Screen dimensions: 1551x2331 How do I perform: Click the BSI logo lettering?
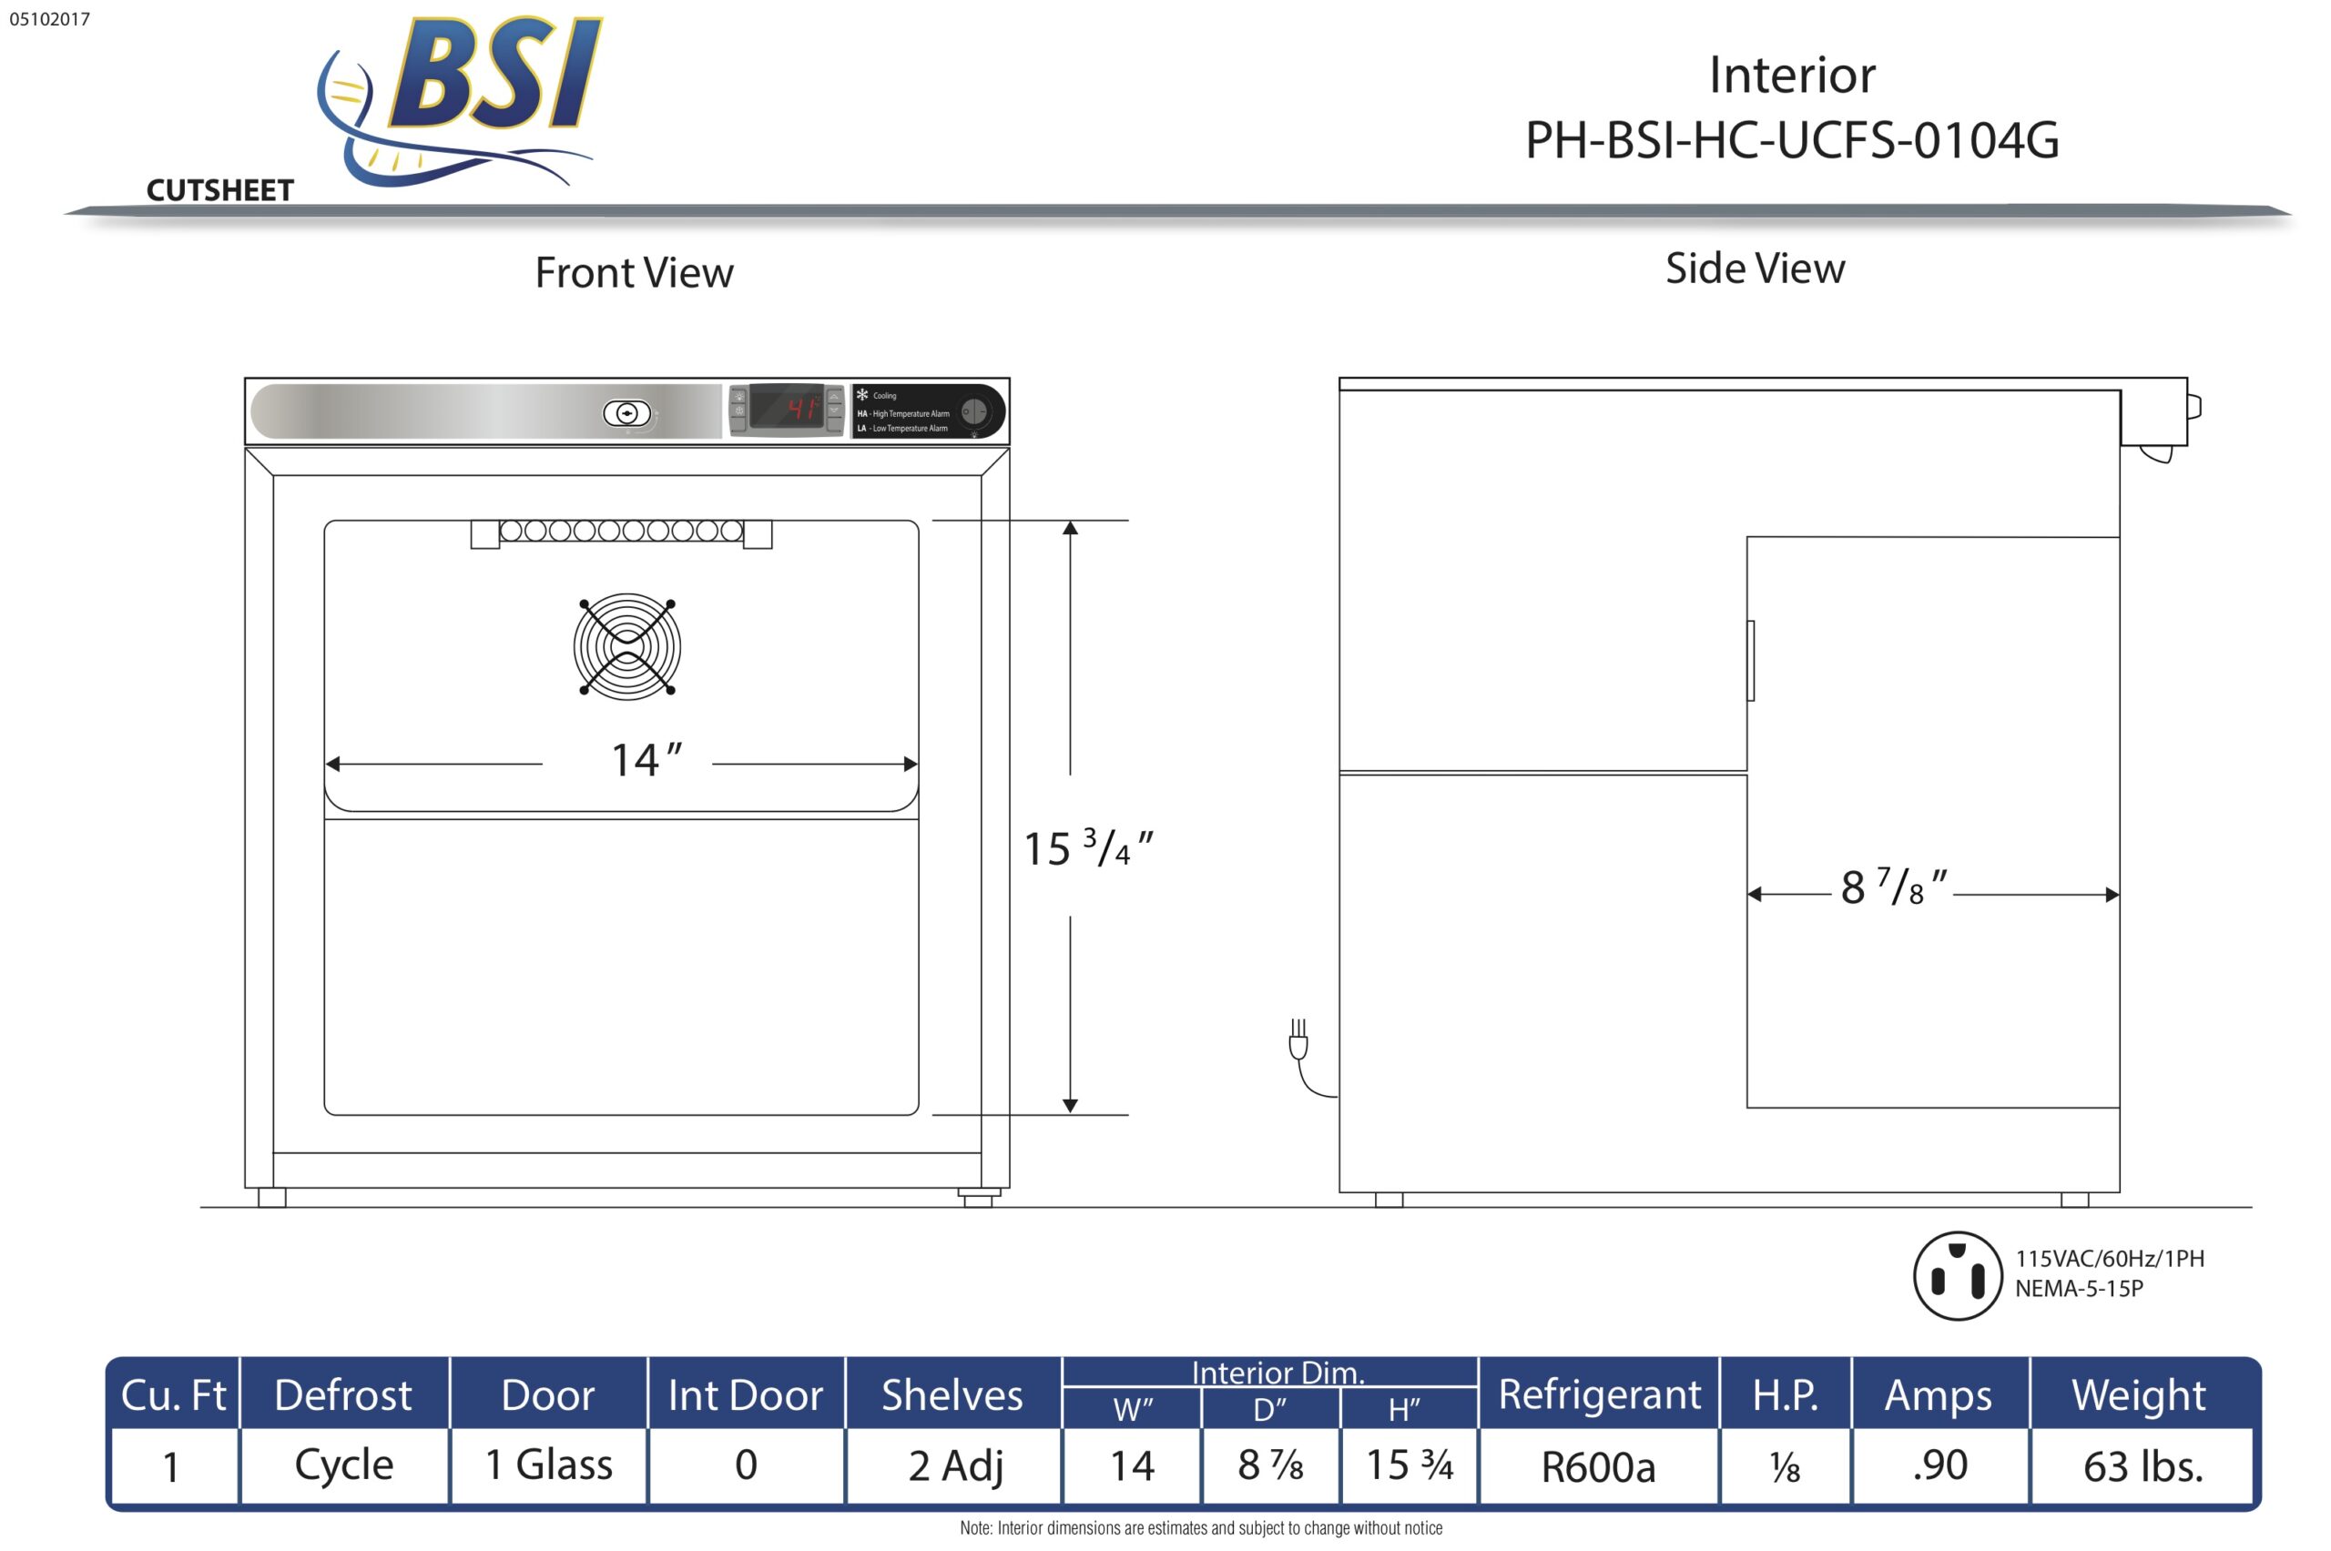[x=494, y=75]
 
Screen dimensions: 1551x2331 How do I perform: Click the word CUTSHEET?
[x=219, y=190]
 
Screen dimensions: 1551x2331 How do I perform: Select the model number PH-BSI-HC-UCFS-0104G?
[x=1791, y=139]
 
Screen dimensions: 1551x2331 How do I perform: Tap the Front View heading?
[x=633, y=273]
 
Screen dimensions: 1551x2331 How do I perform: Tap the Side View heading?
[x=1755, y=269]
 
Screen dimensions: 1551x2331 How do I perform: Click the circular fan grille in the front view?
[x=626, y=647]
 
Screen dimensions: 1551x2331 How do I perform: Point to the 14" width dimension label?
[x=645, y=761]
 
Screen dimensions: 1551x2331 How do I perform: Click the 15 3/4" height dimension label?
[x=1086, y=848]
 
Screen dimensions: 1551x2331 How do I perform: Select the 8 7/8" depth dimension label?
[x=1892, y=887]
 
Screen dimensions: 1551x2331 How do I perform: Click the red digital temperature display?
[x=787, y=408]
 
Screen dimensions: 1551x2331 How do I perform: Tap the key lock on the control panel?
[x=626, y=412]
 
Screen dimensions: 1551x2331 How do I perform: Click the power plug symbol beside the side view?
[x=1299, y=1044]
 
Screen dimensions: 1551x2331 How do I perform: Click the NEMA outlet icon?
[x=1957, y=1276]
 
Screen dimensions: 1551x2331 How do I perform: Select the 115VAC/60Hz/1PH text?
[x=2109, y=1259]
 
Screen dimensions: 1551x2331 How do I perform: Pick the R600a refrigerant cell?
[x=1597, y=1467]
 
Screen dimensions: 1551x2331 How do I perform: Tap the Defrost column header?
[x=342, y=1394]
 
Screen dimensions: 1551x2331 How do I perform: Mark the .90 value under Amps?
[x=1939, y=1465]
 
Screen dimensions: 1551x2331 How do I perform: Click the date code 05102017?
[x=49, y=19]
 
